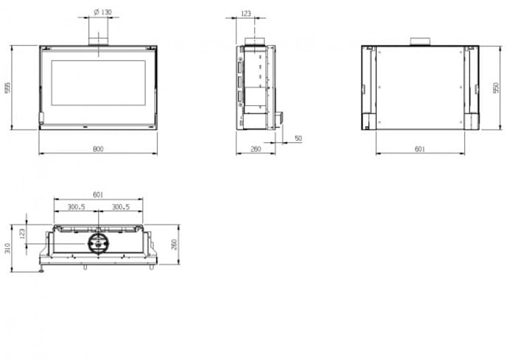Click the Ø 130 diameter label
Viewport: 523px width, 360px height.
tap(102, 12)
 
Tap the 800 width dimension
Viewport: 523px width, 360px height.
tap(98, 149)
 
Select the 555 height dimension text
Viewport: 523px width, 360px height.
tap(7, 88)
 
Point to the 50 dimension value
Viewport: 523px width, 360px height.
tap(298, 138)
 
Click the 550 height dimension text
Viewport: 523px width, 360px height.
tap(496, 88)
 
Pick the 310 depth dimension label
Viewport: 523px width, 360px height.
tap(7, 248)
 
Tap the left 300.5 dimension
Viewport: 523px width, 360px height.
tap(77, 207)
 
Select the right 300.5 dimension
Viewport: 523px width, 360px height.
tap(121, 207)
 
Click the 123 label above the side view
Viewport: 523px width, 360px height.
tap(245, 14)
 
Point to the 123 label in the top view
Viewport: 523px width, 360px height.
tap(22, 233)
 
